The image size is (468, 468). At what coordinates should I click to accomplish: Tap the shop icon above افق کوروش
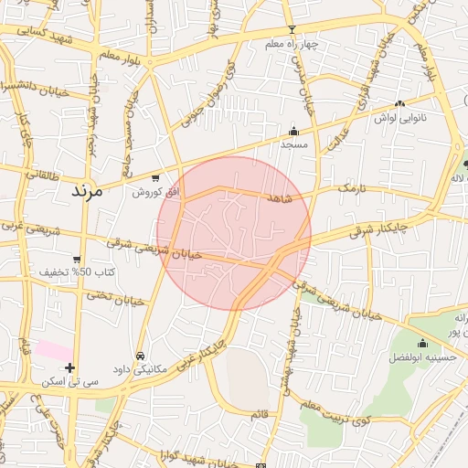click(x=155, y=178)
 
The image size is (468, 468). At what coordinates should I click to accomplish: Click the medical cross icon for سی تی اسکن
click(x=69, y=367)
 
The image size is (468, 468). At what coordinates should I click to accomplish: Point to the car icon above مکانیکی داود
click(x=140, y=356)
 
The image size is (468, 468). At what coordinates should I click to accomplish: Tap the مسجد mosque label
click(x=293, y=144)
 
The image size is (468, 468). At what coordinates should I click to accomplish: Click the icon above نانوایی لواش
click(x=400, y=104)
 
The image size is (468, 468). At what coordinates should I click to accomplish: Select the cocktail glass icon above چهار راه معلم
click(x=292, y=30)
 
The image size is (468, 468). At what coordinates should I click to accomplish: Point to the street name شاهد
click(x=279, y=197)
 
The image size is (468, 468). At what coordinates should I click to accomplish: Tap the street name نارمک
click(x=350, y=187)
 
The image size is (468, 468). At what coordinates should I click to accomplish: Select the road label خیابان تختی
click(x=116, y=297)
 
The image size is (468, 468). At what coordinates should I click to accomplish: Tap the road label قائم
click(x=261, y=414)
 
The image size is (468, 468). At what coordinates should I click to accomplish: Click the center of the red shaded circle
click(x=234, y=233)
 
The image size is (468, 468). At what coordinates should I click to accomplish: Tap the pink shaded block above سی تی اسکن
click(x=54, y=350)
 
